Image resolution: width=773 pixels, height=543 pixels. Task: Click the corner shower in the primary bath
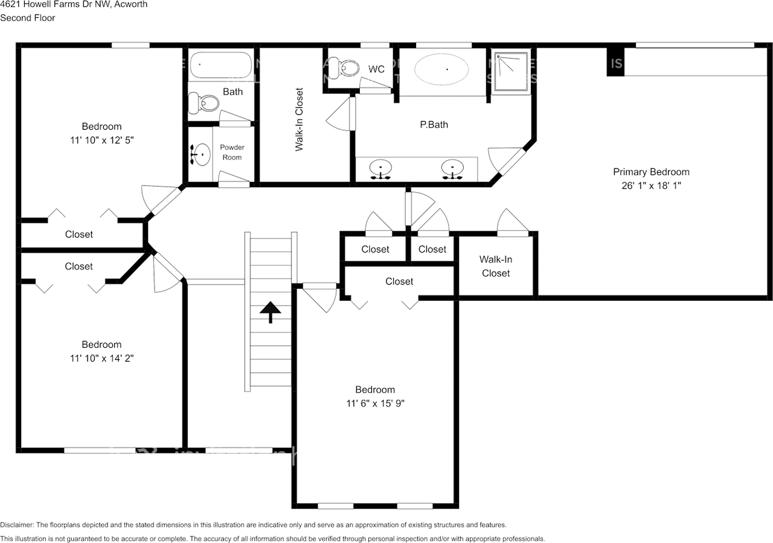(511, 71)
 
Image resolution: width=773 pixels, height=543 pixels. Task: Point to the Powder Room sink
(200, 155)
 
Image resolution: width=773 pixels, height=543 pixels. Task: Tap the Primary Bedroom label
(651, 172)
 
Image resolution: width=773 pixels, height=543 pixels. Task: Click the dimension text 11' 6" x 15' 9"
(375, 403)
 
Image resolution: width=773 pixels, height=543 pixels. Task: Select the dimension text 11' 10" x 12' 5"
(101, 140)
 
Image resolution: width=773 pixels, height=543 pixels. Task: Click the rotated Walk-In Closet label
(299, 119)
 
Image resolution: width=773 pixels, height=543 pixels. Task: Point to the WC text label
(376, 69)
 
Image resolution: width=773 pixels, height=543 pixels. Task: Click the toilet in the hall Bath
(203, 103)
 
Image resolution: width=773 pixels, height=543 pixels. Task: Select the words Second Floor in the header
(28, 18)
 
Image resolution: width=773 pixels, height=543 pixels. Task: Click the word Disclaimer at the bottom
(18, 525)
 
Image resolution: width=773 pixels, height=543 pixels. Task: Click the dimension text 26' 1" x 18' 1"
(651, 186)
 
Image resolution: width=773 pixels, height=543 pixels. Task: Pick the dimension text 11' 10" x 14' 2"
(101, 358)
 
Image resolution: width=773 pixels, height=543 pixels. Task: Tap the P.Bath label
(434, 125)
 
